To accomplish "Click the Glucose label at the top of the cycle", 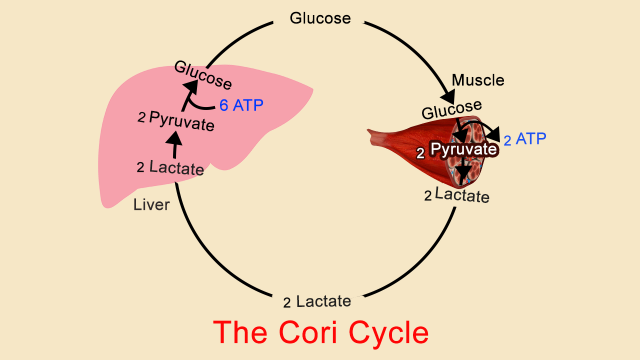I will point(320,18).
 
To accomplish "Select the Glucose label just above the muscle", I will point(451,109).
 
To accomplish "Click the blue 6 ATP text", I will point(241,105).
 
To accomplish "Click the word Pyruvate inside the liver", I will point(182,121).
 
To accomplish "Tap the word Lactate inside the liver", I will point(176,167).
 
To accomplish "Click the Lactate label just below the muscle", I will point(462,194).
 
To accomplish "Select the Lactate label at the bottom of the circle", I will point(323,301).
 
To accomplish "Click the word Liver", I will point(151,204).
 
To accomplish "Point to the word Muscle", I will point(478,80).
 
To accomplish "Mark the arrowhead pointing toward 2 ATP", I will point(494,134).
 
